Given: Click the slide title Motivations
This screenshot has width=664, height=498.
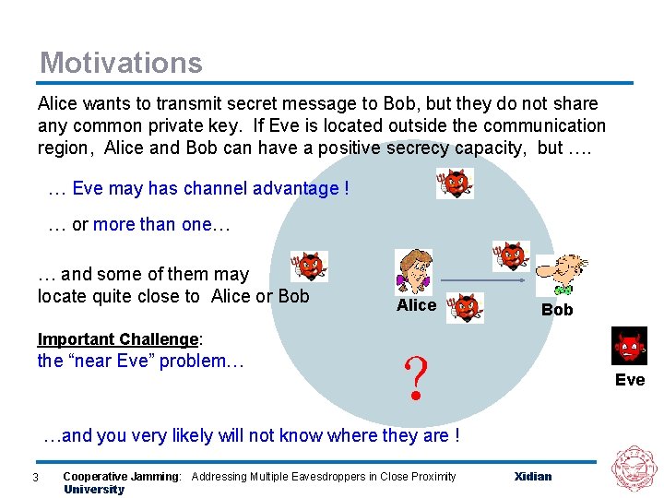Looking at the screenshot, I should tap(121, 63).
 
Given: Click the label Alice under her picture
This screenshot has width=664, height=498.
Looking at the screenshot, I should tap(416, 305).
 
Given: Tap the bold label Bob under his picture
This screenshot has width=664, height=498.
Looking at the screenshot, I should tap(557, 310).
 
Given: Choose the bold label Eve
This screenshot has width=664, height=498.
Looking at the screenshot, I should tap(630, 380).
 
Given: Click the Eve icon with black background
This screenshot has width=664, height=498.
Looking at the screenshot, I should tap(629, 346).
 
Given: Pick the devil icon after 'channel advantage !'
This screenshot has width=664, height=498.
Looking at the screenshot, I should tap(455, 184).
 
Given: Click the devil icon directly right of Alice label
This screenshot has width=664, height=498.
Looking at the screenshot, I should tap(466, 308).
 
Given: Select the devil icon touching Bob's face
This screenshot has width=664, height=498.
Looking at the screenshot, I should tap(512, 255).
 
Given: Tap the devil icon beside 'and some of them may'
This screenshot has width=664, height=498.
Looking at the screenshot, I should tap(309, 267).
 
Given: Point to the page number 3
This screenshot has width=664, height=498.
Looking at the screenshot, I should tap(34, 477).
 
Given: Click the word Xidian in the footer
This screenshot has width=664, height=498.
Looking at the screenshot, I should tap(533, 477).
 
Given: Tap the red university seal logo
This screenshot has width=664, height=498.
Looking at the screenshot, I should tap(634, 468).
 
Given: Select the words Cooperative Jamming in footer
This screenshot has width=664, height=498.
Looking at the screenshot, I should tap(122, 477).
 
